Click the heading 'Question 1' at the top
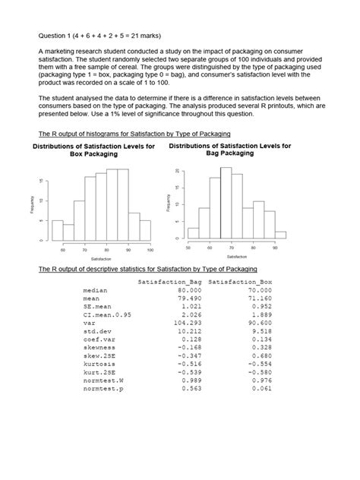pos(61,35)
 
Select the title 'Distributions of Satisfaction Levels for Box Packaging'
pos(95,150)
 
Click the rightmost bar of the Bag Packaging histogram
pos(280,235)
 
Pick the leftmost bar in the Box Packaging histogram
pos(57,230)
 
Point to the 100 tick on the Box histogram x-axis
pos(150,249)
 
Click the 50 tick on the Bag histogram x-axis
pos(188,248)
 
